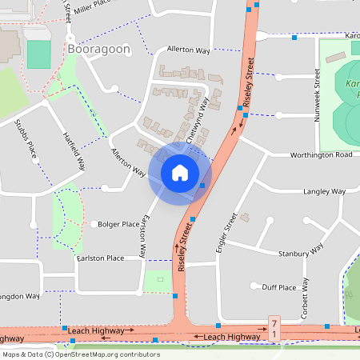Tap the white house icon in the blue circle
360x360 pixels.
click(179, 172)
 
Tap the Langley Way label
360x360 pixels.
click(324, 192)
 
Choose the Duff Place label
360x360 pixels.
click(279, 287)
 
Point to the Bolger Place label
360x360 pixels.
click(118, 224)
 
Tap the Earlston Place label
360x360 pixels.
click(100, 258)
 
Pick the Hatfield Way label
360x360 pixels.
click(74, 151)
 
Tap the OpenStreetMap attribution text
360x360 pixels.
click(81, 354)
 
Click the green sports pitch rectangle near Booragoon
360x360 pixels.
click(38, 54)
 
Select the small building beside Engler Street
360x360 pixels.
click(245, 217)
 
